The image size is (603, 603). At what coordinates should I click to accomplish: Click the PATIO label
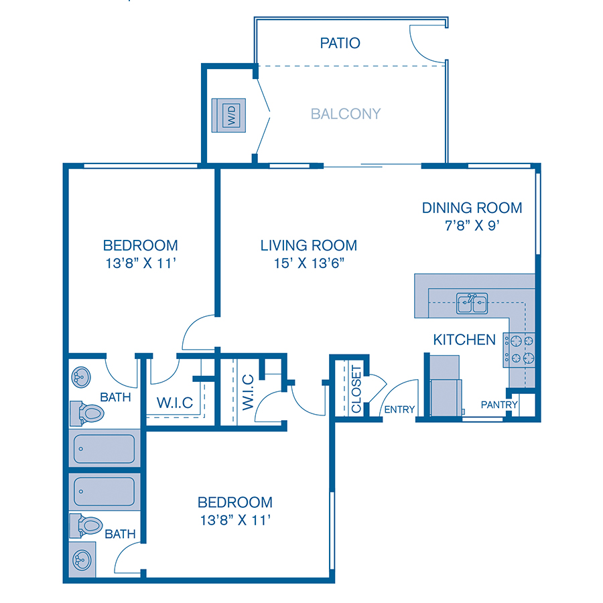click(340, 44)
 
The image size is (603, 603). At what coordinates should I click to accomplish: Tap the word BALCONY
click(346, 114)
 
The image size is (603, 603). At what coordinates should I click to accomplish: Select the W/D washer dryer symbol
click(230, 115)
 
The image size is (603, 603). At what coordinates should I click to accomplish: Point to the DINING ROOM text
click(472, 208)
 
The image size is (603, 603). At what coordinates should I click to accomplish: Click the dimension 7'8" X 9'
click(472, 226)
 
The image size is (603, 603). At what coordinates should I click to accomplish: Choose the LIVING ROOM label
click(309, 245)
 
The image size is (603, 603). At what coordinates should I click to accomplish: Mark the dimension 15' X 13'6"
click(309, 263)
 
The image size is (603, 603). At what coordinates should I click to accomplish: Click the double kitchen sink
click(472, 304)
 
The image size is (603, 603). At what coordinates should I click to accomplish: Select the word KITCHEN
click(464, 340)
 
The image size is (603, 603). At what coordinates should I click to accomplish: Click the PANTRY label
click(499, 405)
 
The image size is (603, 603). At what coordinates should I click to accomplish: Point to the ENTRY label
click(399, 409)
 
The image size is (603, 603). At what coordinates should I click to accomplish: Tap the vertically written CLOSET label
click(356, 389)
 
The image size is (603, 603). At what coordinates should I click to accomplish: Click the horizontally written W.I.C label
click(175, 403)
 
